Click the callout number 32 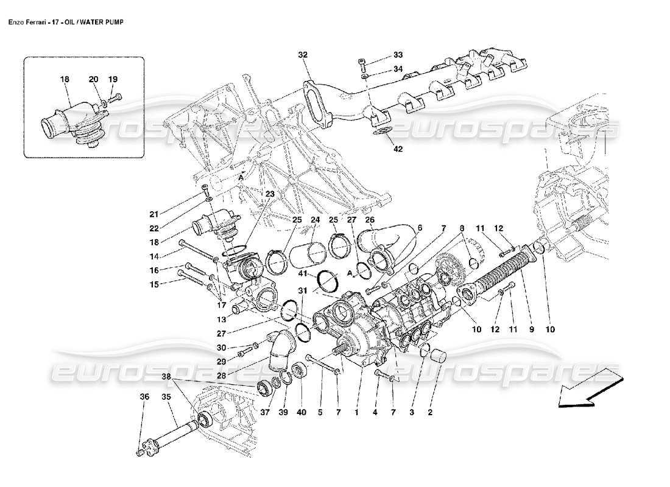click(303, 55)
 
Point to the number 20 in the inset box click(93, 79)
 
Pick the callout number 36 click(144, 397)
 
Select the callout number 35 click(165, 397)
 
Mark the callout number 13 click(222, 318)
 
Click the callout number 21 click(153, 214)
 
